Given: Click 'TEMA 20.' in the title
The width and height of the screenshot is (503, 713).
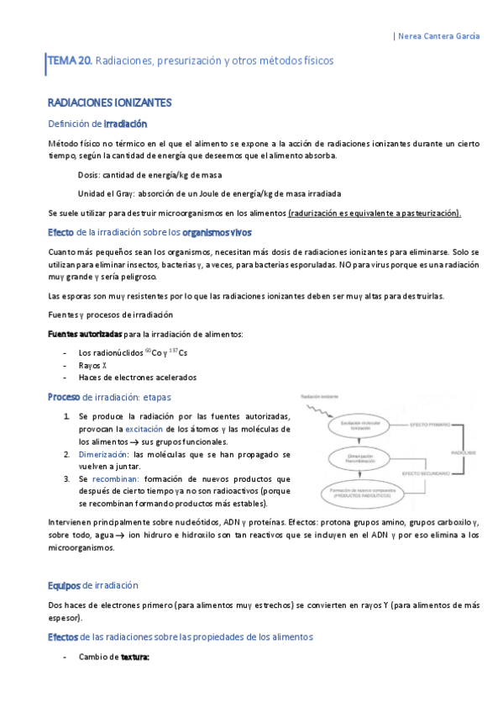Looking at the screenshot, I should [71, 61].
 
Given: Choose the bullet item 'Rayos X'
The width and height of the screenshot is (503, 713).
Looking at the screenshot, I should [94, 365].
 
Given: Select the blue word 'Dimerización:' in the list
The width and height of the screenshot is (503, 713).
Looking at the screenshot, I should [104, 454].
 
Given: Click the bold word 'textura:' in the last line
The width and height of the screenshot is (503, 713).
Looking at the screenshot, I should [134, 658].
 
